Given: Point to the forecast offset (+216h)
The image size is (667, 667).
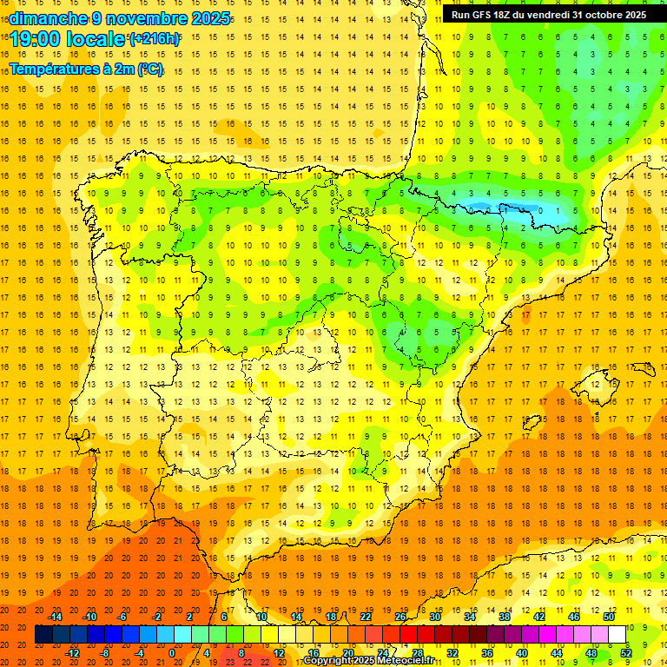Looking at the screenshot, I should click(x=155, y=39).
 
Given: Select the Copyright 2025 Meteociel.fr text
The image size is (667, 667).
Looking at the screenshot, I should click(x=368, y=661).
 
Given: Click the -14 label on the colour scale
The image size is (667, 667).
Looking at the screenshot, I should click(x=55, y=617).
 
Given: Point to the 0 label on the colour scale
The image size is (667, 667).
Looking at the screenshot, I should click(x=172, y=653).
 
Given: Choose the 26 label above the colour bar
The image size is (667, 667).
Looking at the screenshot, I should click(x=400, y=617).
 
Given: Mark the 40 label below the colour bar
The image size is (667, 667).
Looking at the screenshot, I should click(x=522, y=653).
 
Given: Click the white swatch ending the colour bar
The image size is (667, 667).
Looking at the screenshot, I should click(x=617, y=635).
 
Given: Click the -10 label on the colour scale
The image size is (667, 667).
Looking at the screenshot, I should click(x=89, y=617).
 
